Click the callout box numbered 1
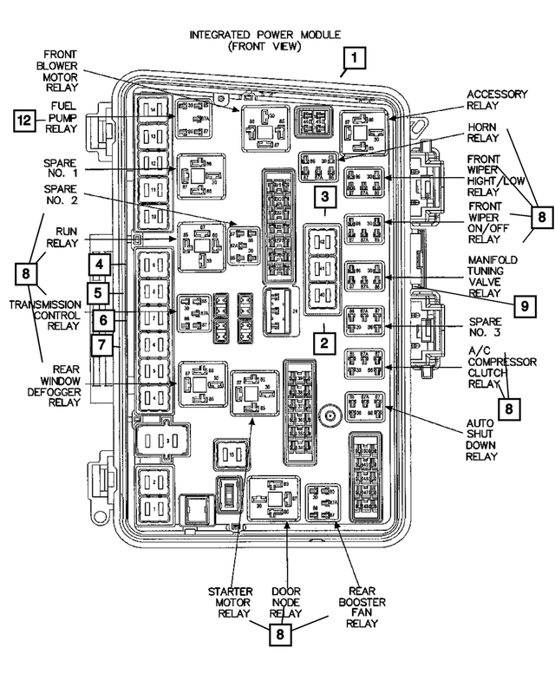(356, 60)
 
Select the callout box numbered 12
(25, 121)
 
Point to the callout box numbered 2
(323, 343)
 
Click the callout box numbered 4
(100, 264)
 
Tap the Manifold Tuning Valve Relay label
(493, 277)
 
